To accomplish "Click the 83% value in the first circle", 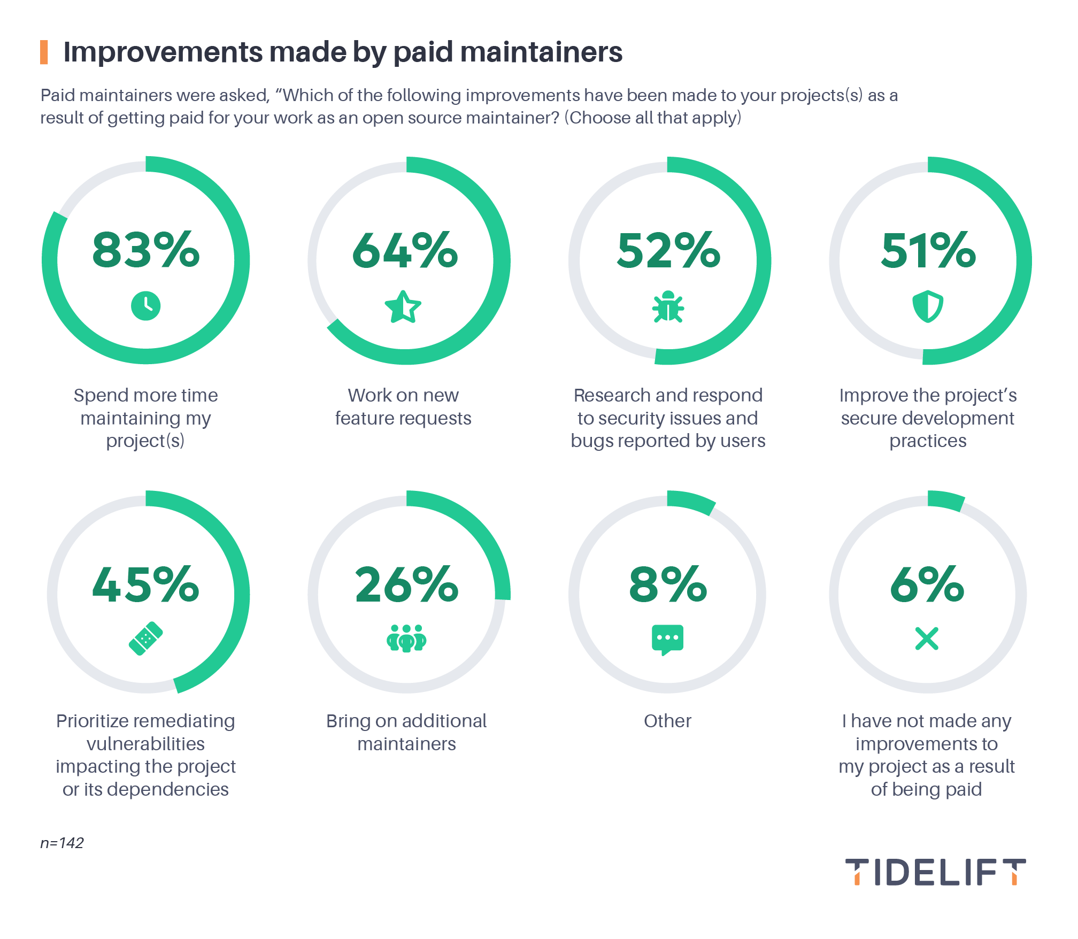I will (145, 250).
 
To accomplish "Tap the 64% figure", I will (405, 250).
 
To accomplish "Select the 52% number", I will (668, 250).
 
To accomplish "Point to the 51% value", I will (928, 250).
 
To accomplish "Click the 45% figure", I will (145, 584).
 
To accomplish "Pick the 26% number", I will (406, 584).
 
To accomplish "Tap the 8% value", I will (668, 584).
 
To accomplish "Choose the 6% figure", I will (927, 584).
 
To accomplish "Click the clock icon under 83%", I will (145, 306).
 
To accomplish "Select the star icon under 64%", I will (403, 307).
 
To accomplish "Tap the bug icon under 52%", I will (668, 307).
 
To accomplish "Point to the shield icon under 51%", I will (928, 306).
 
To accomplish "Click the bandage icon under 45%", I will (145, 638).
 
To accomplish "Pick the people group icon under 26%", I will (406, 638).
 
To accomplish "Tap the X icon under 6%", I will (927, 638).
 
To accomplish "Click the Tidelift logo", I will (935, 872).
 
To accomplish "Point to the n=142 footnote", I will (62, 843).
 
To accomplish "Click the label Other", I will (667, 721).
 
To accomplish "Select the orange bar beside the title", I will (44, 52).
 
